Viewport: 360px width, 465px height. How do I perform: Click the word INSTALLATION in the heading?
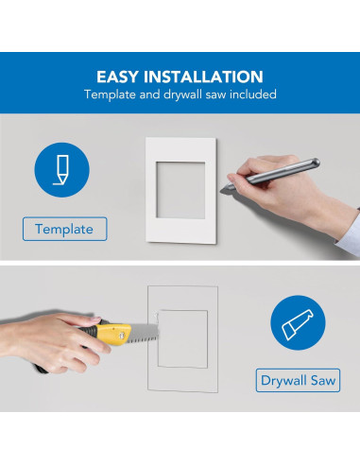203,77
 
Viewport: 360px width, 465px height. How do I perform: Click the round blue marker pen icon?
61,170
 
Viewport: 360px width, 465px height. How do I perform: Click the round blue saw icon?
298,322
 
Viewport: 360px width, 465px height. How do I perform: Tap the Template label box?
65,229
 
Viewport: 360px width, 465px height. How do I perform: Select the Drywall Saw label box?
298,380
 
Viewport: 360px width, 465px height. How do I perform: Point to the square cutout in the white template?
180,190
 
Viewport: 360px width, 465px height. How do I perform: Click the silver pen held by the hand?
273,174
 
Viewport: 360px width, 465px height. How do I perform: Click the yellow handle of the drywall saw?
114,334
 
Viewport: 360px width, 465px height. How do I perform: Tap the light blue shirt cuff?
350,233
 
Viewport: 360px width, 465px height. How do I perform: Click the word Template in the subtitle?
110,95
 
